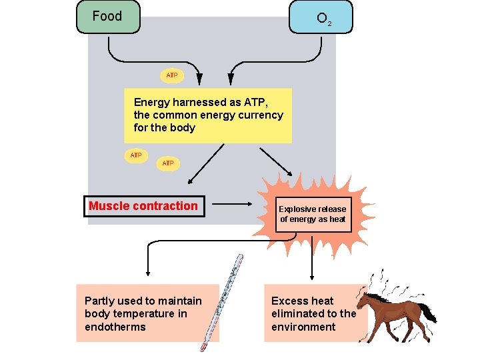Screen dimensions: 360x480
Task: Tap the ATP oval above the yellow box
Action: click(171, 75)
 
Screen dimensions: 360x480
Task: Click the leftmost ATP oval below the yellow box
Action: click(136, 155)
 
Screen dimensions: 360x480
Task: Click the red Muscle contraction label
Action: click(143, 206)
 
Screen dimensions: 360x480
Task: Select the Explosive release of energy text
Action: click(313, 214)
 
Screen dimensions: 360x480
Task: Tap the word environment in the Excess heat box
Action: click(303, 327)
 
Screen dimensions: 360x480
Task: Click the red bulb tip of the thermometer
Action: click(204, 346)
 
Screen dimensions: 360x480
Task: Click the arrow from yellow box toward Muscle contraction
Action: click(207, 164)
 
